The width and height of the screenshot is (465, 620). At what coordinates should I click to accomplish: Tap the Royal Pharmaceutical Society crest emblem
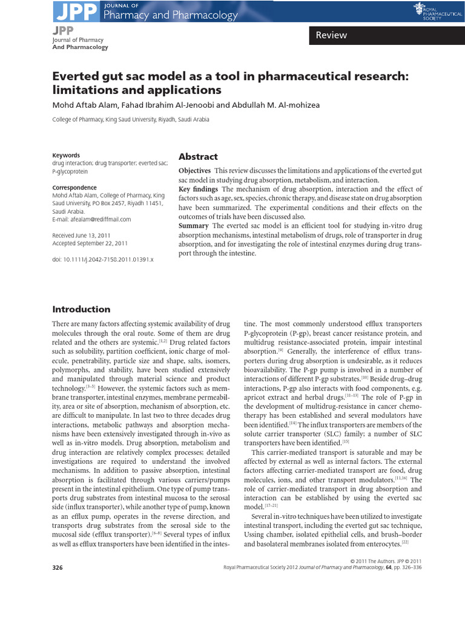click(418, 8)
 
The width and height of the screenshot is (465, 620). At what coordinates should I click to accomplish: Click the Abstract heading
click(198, 156)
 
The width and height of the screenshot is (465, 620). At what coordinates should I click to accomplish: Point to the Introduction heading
click(81, 309)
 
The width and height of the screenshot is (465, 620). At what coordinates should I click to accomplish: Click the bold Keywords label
click(66, 155)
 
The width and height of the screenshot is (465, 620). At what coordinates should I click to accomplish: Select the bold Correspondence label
click(74, 188)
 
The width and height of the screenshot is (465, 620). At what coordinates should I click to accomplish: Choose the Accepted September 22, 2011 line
click(90, 243)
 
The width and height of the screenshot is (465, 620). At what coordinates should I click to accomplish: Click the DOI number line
click(103, 259)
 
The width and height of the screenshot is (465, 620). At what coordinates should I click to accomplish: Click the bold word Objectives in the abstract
click(194, 171)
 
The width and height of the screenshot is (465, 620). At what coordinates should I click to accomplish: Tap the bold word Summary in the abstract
click(193, 226)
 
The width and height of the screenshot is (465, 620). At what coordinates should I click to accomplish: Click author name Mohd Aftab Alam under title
click(83, 105)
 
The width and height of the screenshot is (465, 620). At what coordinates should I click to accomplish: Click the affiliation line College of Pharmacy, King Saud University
click(131, 120)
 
